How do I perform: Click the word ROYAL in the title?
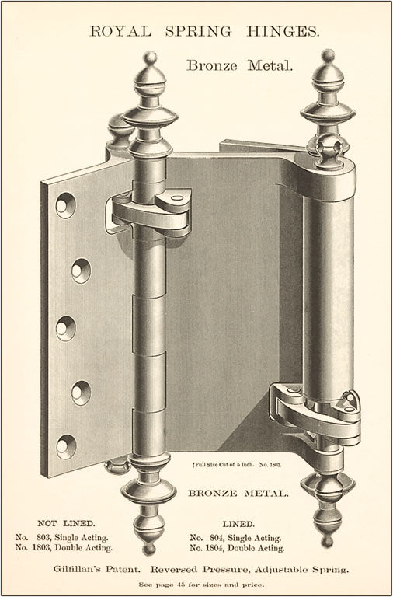[120, 32]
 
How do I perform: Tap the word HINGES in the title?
[283, 32]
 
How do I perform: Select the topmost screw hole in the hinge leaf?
[65, 205]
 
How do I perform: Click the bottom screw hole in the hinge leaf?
[66, 447]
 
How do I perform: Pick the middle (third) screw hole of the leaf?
[66, 328]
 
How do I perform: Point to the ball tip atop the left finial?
[150, 58]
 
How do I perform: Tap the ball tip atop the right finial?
[328, 56]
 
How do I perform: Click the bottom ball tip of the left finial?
[149, 549]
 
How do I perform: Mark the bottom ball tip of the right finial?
[327, 541]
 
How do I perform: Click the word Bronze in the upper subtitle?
[213, 66]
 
